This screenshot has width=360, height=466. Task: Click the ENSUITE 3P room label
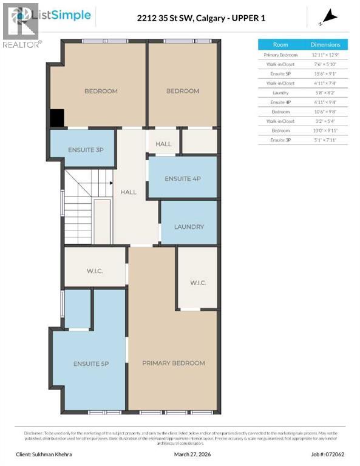[81, 149]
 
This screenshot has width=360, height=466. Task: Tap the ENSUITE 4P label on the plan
[182, 178]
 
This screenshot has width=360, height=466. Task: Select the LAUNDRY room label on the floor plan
[189, 227]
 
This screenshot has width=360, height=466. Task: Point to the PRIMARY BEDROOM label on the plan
[173, 363]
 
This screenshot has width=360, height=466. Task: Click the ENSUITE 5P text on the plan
[91, 363]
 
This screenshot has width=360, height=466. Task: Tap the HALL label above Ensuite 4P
[163, 144]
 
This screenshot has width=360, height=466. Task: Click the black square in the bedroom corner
[56, 118]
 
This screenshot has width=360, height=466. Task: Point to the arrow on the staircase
[109, 182]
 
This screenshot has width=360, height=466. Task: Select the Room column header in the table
[280, 45]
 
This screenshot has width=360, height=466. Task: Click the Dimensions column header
[325, 45]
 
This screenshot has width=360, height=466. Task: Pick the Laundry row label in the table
[280, 93]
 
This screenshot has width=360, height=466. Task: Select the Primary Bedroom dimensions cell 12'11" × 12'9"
[325, 55]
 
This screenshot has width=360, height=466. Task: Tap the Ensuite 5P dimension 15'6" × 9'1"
[325, 73]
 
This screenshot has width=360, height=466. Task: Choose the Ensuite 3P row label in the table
[280, 140]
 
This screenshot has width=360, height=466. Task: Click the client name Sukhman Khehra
[56, 453]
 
